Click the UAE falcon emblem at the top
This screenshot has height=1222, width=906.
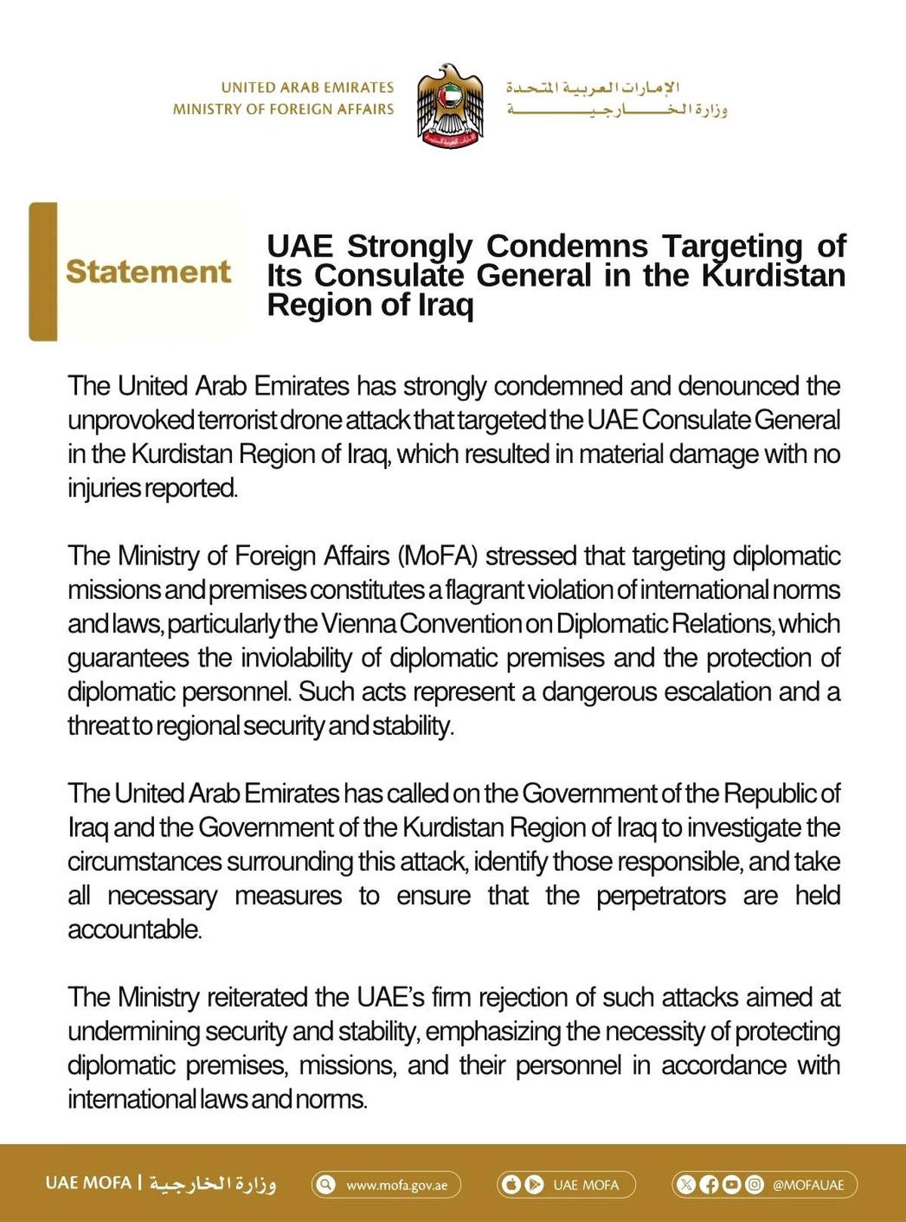coord(450,106)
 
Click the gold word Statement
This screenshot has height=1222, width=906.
coord(148,272)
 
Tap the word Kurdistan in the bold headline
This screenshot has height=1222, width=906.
coord(773,276)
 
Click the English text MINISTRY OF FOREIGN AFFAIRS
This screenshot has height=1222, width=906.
coord(283,110)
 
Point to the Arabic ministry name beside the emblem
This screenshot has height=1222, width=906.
coord(616,110)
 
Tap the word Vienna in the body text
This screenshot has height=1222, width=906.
coord(359,624)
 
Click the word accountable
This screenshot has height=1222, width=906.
coord(134,930)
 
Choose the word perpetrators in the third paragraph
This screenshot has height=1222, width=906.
coord(661,896)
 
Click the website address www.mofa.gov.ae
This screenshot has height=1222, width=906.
coord(396,1185)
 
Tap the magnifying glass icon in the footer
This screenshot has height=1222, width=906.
coord(325,1184)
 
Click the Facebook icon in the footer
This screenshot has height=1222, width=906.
coord(709,1184)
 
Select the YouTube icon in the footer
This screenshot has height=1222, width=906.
coord(732,1184)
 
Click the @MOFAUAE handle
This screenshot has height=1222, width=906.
coord(808,1185)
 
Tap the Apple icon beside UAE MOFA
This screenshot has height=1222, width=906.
coord(511,1184)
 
